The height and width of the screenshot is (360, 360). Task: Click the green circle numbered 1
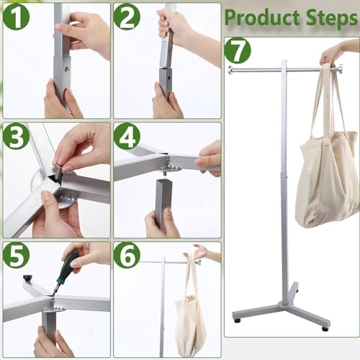pos(16,16)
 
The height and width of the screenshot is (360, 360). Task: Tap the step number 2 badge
pos(127,16)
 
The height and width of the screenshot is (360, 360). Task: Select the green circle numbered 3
pos(16,136)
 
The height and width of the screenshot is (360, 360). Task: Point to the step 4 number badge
pos(127,136)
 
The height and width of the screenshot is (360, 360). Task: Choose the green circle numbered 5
pos(16,256)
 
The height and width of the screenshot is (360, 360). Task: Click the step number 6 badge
pos(127,256)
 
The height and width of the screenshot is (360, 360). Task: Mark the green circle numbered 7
pos(238,51)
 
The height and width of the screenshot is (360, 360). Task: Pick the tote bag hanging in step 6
pos(191,317)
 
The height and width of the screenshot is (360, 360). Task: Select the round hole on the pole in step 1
pos(67,68)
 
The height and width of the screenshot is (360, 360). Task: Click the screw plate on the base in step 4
pos(171,168)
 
